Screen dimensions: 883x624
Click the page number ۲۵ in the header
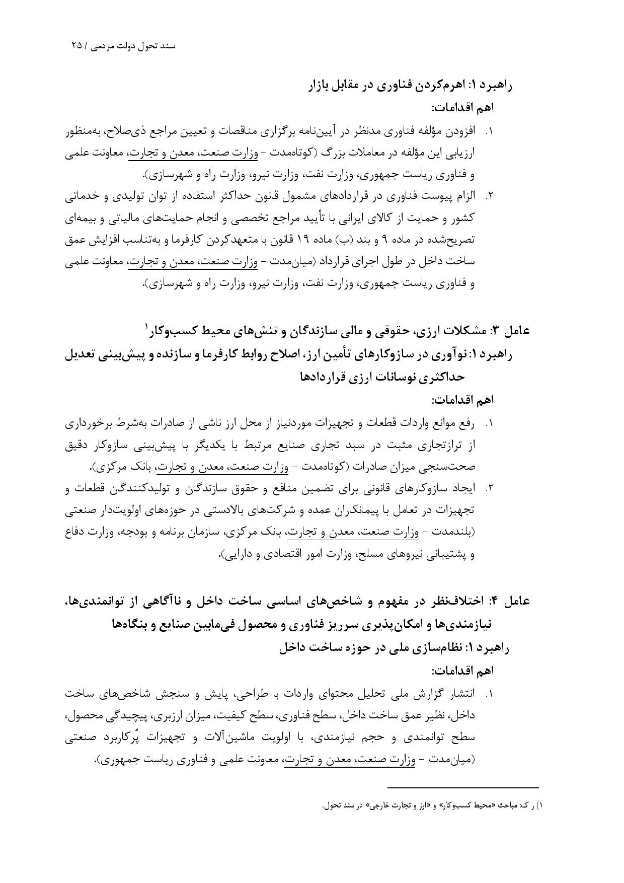[x=77, y=45]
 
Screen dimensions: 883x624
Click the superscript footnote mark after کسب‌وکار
[x=147, y=326]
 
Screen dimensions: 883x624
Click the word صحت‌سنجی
[x=449, y=467]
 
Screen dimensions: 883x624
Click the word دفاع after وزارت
[x=75, y=532]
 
